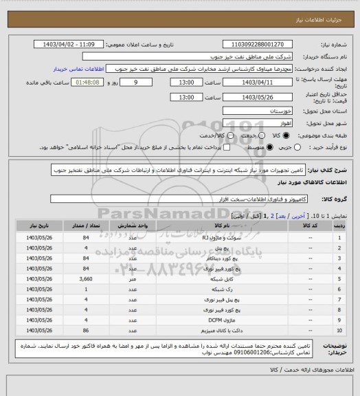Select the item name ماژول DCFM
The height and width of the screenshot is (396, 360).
(222, 320)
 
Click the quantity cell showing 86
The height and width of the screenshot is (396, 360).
(87, 330)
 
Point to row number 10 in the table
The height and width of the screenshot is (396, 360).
(341, 330)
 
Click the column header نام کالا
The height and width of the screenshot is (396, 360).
(222, 225)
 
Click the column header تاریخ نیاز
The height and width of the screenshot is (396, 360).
(34, 225)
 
